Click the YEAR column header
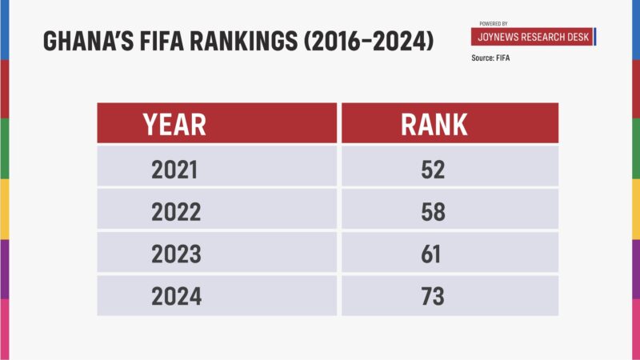(174, 124)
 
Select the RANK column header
(434, 124)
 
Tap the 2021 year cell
(174, 170)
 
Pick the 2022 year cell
(175, 213)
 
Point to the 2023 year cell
(175, 255)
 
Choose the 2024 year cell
(176, 298)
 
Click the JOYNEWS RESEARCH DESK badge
(532, 38)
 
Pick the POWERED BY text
(494, 24)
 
